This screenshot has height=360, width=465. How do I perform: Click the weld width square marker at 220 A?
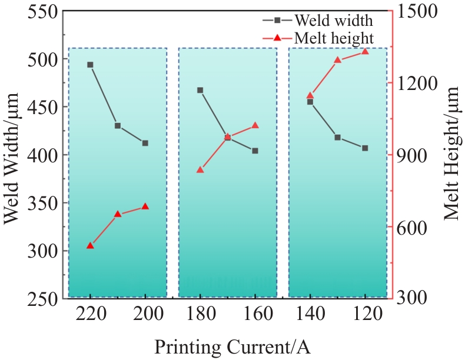[90, 65]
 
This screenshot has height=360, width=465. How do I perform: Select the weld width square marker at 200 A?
[145, 143]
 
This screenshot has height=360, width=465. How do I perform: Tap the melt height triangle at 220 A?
[90, 245]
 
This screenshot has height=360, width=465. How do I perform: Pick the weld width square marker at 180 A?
[200, 90]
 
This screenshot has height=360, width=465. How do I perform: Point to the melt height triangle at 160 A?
[255, 125]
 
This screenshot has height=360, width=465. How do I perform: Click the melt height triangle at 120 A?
[365, 51]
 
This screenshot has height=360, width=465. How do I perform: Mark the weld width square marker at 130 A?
[337, 137]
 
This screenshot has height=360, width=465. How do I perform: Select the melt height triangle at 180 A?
[200, 170]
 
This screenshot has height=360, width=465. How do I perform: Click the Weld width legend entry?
[333, 21]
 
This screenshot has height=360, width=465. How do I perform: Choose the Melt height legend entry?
[333, 38]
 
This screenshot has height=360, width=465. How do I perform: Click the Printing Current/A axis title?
[232, 346]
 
